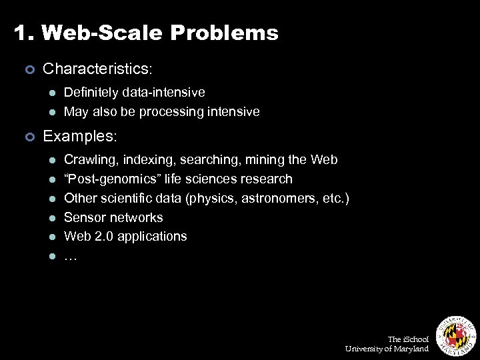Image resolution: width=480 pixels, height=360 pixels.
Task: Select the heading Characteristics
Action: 97,69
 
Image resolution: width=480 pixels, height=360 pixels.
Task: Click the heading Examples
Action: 79,136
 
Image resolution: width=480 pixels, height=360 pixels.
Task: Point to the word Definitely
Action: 91,93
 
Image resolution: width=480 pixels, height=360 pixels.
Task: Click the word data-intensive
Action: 163,93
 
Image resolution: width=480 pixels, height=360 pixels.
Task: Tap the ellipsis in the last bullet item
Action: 70,256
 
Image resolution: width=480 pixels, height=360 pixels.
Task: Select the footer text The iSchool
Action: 409,339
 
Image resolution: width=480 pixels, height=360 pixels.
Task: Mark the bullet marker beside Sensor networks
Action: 51,218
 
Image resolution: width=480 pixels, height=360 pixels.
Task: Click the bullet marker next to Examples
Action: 29,137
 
